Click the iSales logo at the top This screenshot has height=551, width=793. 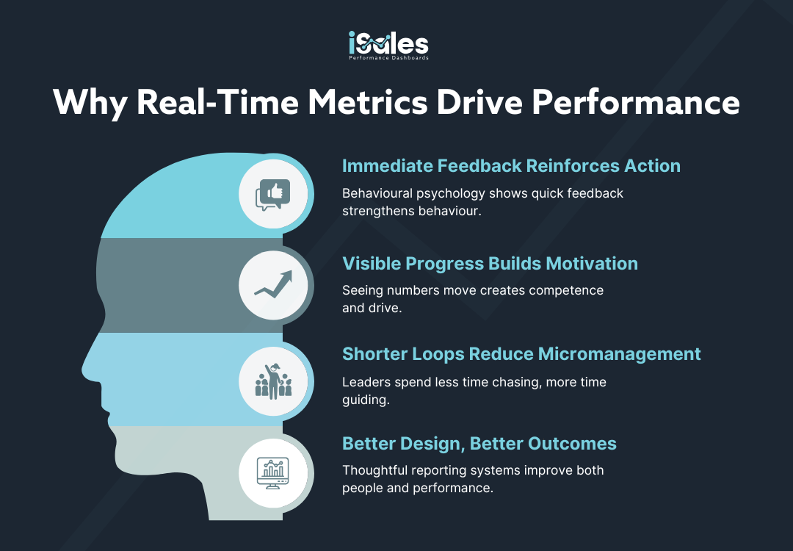click(x=388, y=46)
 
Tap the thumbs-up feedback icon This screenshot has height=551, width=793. click(x=273, y=195)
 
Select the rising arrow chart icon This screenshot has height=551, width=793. click(x=273, y=285)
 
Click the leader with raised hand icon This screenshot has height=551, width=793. click(x=273, y=381)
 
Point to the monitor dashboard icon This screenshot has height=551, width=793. click(x=273, y=473)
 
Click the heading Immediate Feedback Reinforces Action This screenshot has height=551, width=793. click(x=511, y=166)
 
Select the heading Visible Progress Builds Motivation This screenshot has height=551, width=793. click(x=490, y=264)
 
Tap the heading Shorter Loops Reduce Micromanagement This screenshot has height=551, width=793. click(x=521, y=354)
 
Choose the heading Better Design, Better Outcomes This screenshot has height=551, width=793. click(x=479, y=444)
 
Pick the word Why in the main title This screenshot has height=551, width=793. click(x=90, y=103)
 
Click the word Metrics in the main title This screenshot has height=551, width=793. click(x=368, y=102)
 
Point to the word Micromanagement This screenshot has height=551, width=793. click(x=619, y=355)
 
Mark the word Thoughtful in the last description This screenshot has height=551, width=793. click(x=374, y=470)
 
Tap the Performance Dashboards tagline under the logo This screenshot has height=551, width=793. click(x=388, y=58)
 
